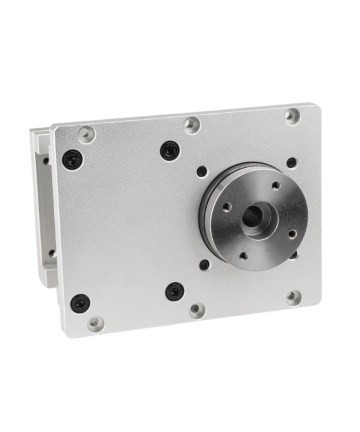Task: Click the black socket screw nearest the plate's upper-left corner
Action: [72, 159]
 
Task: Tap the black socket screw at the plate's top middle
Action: [170, 150]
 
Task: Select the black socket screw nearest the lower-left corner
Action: [80, 303]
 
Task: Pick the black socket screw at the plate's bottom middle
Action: [175, 292]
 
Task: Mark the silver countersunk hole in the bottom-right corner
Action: [294, 298]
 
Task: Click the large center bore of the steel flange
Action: [253, 217]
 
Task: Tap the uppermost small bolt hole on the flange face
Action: [276, 186]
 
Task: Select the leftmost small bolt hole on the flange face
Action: [227, 207]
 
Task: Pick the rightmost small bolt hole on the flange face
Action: [293, 234]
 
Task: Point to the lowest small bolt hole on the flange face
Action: [244, 256]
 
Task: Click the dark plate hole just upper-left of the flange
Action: [202, 171]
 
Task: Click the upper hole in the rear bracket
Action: [46, 161]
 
